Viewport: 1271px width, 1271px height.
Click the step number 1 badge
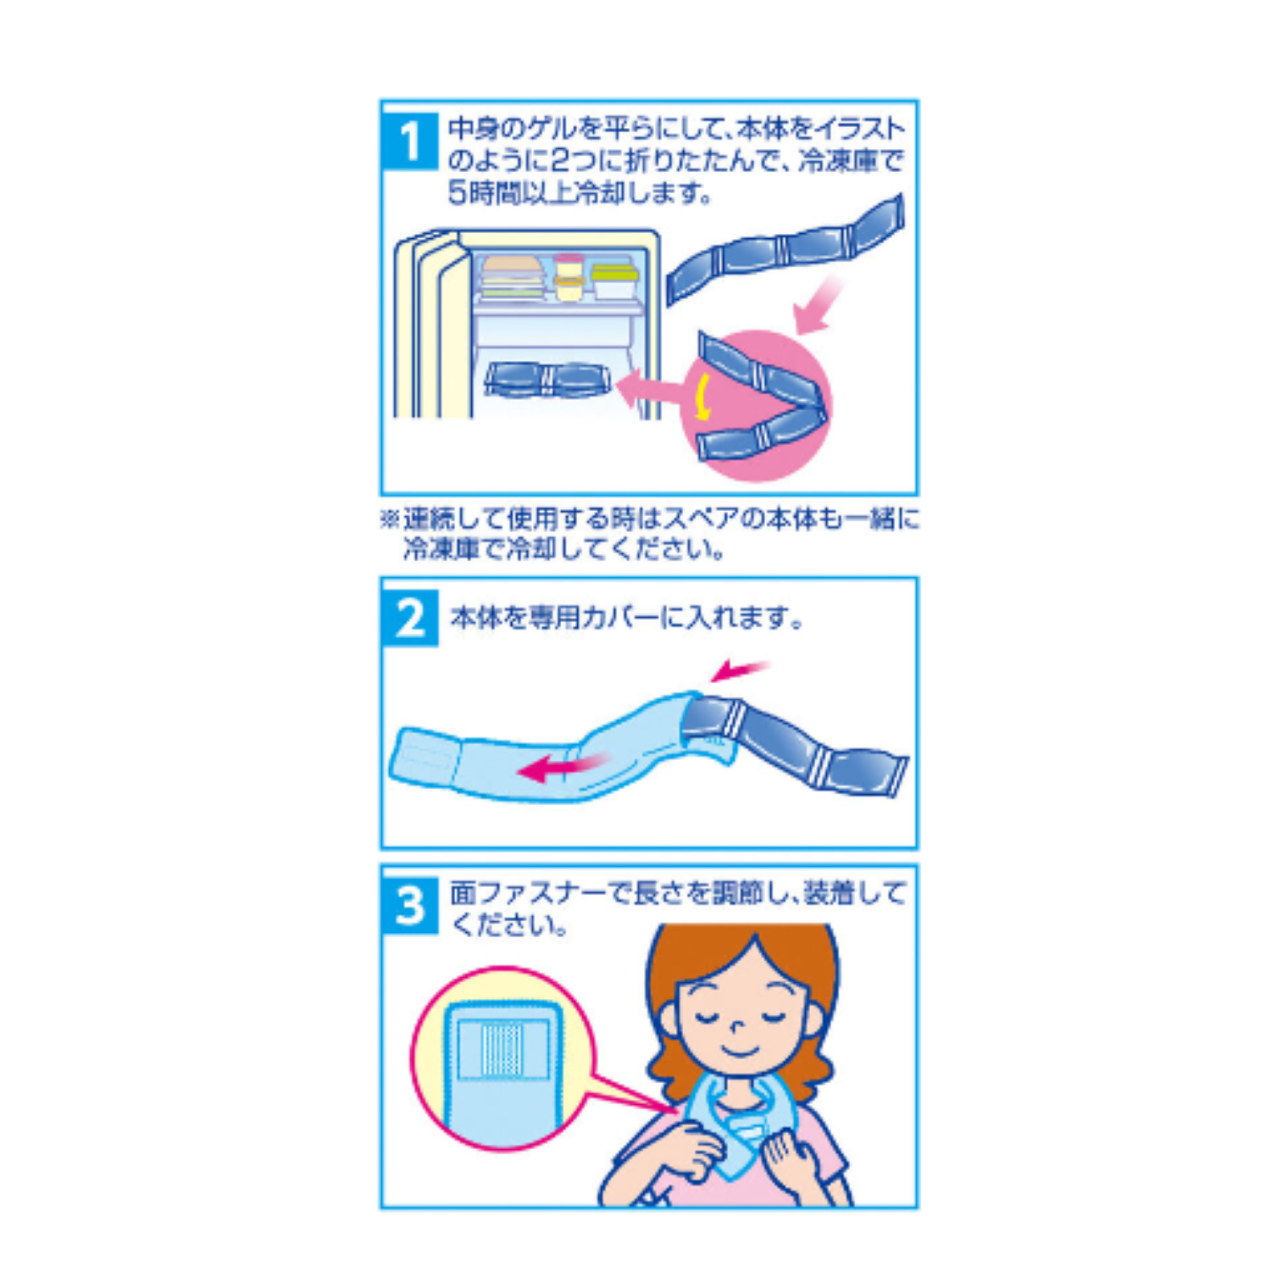pyautogui.click(x=410, y=141)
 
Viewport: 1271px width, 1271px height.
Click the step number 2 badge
pyautogui.click(x=411, y=618)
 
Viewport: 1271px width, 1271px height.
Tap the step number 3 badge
pyautogui.click(x=411, y=905)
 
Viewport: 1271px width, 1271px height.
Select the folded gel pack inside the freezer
pyautogui.click(x=547, y=380)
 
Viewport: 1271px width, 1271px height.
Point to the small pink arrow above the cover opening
pyautogui.click(x=739, y=670)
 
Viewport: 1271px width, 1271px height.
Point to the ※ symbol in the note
pyautogui.click(x=391, y=519)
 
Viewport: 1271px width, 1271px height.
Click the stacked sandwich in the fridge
pyautogui.click(x=512, y=277)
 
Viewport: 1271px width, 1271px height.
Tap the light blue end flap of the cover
pyautogui.click(x=424, y=756)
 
